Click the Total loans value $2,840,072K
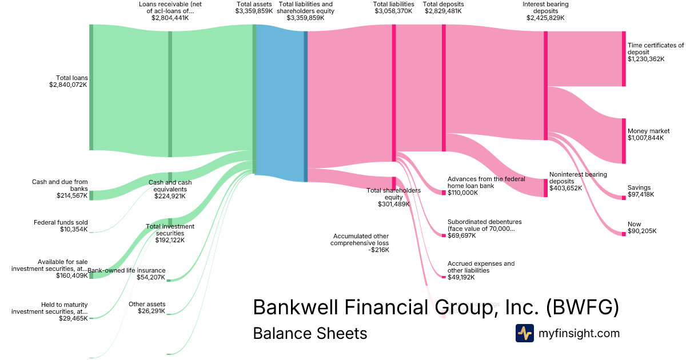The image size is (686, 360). coord(68,85)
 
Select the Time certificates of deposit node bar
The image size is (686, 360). coord(624,59)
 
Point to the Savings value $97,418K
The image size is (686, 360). coord(641,195)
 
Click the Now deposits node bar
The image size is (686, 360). coord(624,233)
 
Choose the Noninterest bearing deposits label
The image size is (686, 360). coord(578,178)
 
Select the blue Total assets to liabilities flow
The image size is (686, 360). coord(280,103)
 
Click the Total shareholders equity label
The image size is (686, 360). coord(393,194)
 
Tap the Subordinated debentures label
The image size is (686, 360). coord(484,225)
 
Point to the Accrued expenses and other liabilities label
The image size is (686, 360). coord(481,267)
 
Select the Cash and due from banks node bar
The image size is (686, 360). coord(91,195)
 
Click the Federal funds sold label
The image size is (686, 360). coord(61,222)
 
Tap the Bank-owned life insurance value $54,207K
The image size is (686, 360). coord(151,277)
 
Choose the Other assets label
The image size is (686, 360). coord(147,304)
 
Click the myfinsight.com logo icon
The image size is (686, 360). coord(524,333)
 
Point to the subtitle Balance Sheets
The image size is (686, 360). coord(310,333)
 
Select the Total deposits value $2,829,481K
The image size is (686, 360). coord(443,11)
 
